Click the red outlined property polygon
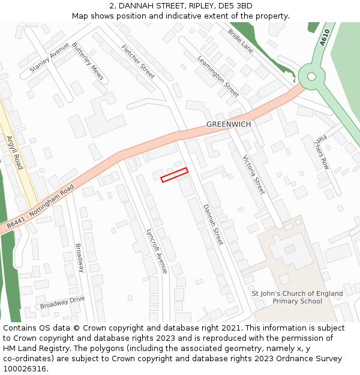(175, 175)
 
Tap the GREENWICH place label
(229, 124)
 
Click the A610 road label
(325, 38)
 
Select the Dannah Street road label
(212, 224)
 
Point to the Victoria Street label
(253, 174)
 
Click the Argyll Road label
(14, 152)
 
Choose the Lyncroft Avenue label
(157, 250)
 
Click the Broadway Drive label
(62, 302)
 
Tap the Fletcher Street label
(138, 62)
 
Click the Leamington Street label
(218, 76)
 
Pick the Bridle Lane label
(240, 40)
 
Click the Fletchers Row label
(322, 151)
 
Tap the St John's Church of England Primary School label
(297, 298)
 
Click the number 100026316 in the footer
(26, 369)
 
